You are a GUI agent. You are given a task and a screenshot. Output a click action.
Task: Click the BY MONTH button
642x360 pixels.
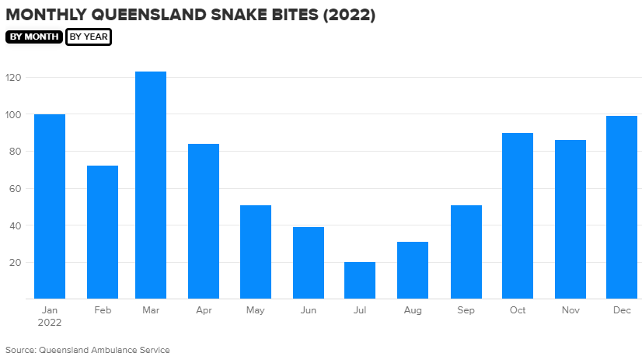[34, 37]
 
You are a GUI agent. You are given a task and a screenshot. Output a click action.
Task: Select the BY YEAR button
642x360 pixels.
[89, 37]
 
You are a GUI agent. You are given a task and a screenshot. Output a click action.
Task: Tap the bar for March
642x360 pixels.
[151, 185]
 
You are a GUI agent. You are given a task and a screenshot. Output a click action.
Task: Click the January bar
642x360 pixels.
[50, 206]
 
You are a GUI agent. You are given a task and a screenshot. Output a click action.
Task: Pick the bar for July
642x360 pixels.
[360, 280]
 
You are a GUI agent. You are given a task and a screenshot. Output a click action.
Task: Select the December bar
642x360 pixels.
[621, 207]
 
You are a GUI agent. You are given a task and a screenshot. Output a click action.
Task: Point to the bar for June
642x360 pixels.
[308, 263]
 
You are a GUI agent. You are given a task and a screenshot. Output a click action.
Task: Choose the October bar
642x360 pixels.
[517, 215]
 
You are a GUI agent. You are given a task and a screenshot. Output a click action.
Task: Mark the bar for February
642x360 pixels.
[102, 232]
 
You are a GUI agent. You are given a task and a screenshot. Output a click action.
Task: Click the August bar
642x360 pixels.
[413, 270]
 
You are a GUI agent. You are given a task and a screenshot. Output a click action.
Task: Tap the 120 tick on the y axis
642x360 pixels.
[13, 78]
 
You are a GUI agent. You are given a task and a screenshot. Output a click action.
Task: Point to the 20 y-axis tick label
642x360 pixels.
[16, 262]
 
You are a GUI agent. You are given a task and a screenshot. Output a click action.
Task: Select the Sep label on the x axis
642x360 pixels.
[465, 310]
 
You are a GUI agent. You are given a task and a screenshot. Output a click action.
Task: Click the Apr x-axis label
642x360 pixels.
[204, 310]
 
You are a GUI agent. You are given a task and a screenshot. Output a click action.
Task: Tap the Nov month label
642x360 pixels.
[570, 310]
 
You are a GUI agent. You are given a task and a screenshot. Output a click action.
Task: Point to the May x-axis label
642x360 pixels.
[256, 310]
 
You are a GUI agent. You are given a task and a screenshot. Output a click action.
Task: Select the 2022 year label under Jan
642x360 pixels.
[50, 322]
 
